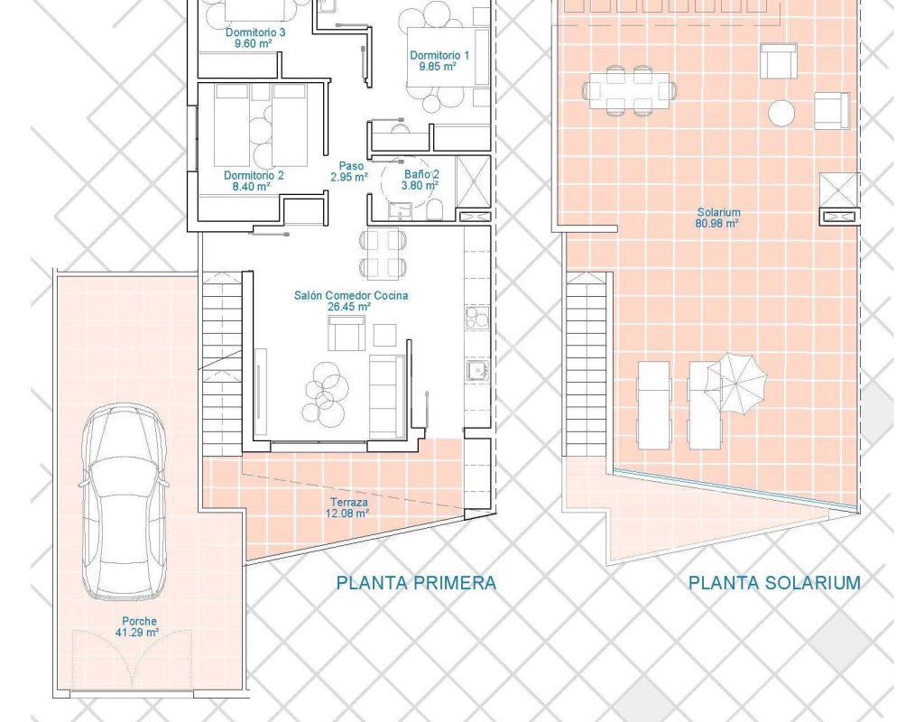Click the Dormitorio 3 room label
point(255,32)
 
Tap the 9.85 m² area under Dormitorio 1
point(438,67)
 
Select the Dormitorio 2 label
point(254,176)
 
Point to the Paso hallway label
point(351,166)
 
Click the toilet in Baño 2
point(434,209)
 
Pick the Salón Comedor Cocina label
point(351,295)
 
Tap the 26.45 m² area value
point(349,307)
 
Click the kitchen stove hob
point(476,318)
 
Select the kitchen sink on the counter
point(476,370)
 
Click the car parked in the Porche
point(124,501)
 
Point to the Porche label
point(139,621)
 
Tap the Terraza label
point(349,502)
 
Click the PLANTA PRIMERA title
point(416,583)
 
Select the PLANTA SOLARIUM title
point(774,583)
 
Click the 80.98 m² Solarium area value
point(716,224)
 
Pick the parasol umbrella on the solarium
point(736,383)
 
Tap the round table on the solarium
point(781,113)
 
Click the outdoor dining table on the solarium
point(629,91)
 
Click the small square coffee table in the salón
point(384,335)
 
